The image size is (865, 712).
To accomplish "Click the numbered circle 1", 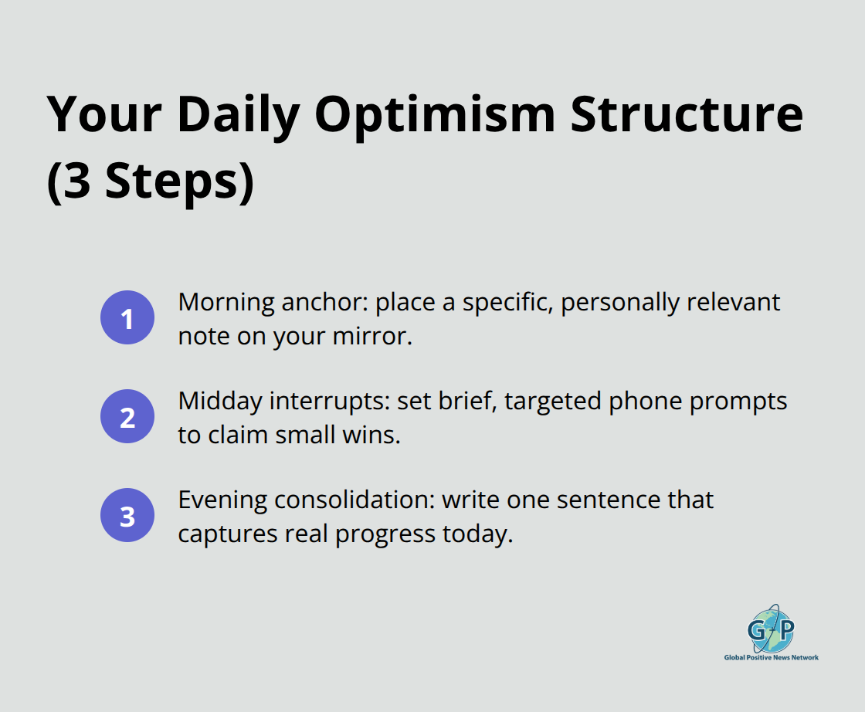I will [127, 317].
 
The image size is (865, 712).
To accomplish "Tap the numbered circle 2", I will [127, 417].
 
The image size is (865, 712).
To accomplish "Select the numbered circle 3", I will [127, 516].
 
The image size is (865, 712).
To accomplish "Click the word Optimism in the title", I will [435, 116].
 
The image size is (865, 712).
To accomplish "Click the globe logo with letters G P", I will [770, 628].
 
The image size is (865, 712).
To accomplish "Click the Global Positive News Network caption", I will [771, 658].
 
